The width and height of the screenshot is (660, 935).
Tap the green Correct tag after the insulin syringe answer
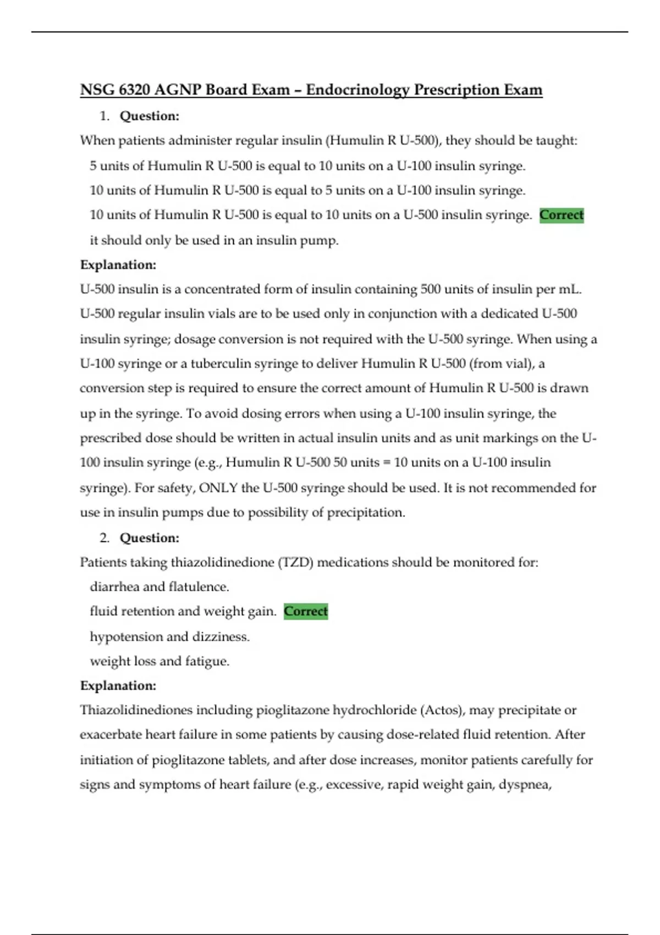[x=561, y=215]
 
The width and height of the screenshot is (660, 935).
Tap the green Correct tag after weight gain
[x=306, y=611]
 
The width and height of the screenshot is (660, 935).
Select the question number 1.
[x=105, y=116]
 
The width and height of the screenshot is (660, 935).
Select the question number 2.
[x=105, y=538]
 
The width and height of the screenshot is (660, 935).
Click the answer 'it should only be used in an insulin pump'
[x=214, y=240]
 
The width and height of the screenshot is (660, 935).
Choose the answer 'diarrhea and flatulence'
[x=159, y=587]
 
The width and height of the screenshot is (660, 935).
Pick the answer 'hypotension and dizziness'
[x=169, y=636]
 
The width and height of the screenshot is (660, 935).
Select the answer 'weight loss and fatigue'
[x=159, y=661]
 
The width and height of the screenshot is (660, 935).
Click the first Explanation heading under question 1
[x=118, y=265]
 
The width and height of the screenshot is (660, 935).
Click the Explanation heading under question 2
[x=118, y=686]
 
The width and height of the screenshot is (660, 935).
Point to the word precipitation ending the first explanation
[x=366, y=513]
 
